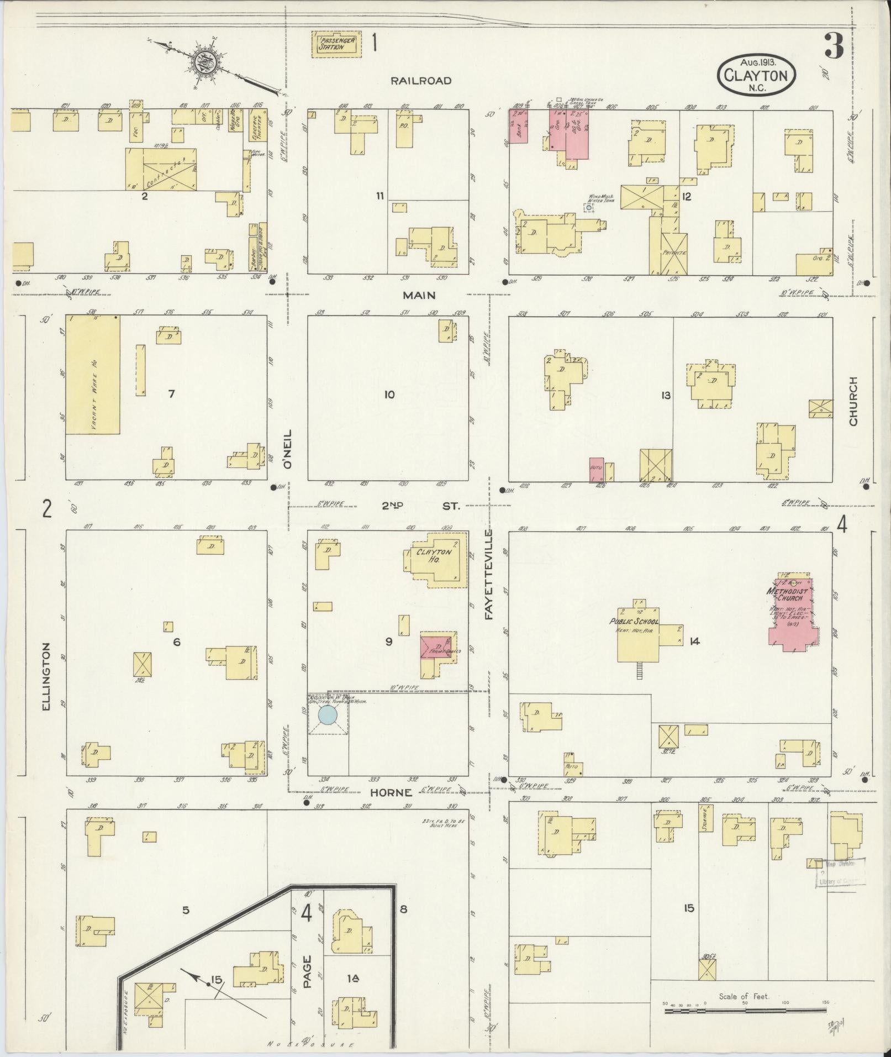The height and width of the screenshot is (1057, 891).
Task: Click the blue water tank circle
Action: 328,715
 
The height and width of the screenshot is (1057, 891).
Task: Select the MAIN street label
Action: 419,295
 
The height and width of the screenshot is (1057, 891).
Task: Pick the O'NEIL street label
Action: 287,450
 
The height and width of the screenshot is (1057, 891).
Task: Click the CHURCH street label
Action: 853,401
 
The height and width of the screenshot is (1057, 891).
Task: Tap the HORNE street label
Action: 391,792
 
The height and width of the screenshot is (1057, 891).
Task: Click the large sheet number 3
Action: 833,46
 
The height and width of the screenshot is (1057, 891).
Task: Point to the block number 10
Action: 389,395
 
